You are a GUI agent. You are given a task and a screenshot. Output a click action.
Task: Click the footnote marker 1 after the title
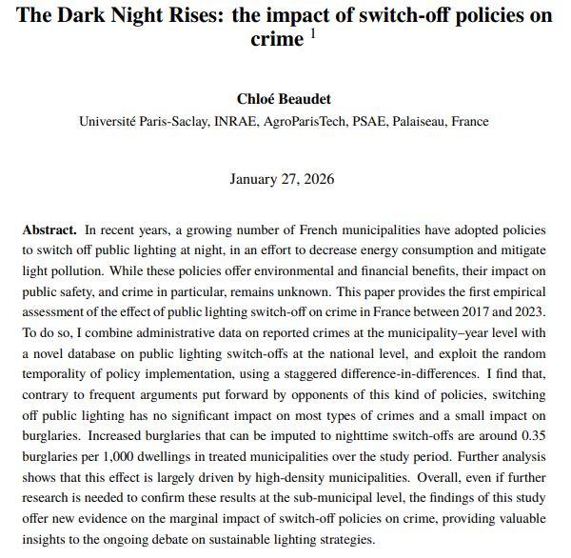(x=313, y=34)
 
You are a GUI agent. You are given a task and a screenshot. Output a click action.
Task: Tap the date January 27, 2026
(x=282, y=179)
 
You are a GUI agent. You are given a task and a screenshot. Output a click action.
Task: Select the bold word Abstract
(x=49, y=231)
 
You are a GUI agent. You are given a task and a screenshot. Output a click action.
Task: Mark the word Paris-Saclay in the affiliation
(x=168, y=121)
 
